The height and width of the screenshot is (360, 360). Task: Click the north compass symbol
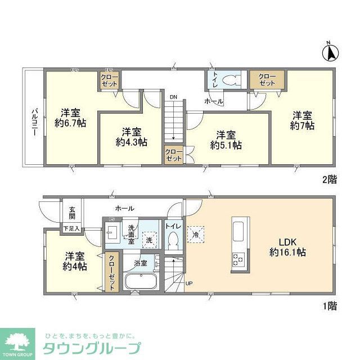[331, 53]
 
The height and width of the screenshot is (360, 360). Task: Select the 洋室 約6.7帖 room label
[70, 116]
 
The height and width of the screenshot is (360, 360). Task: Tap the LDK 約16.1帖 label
[287, 247]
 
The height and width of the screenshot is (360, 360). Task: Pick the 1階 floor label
[329, 306]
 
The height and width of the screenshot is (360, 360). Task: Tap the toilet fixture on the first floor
[173, 240]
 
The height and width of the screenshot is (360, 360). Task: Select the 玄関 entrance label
[73, 212]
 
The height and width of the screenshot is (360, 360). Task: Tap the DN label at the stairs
[173, 97]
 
